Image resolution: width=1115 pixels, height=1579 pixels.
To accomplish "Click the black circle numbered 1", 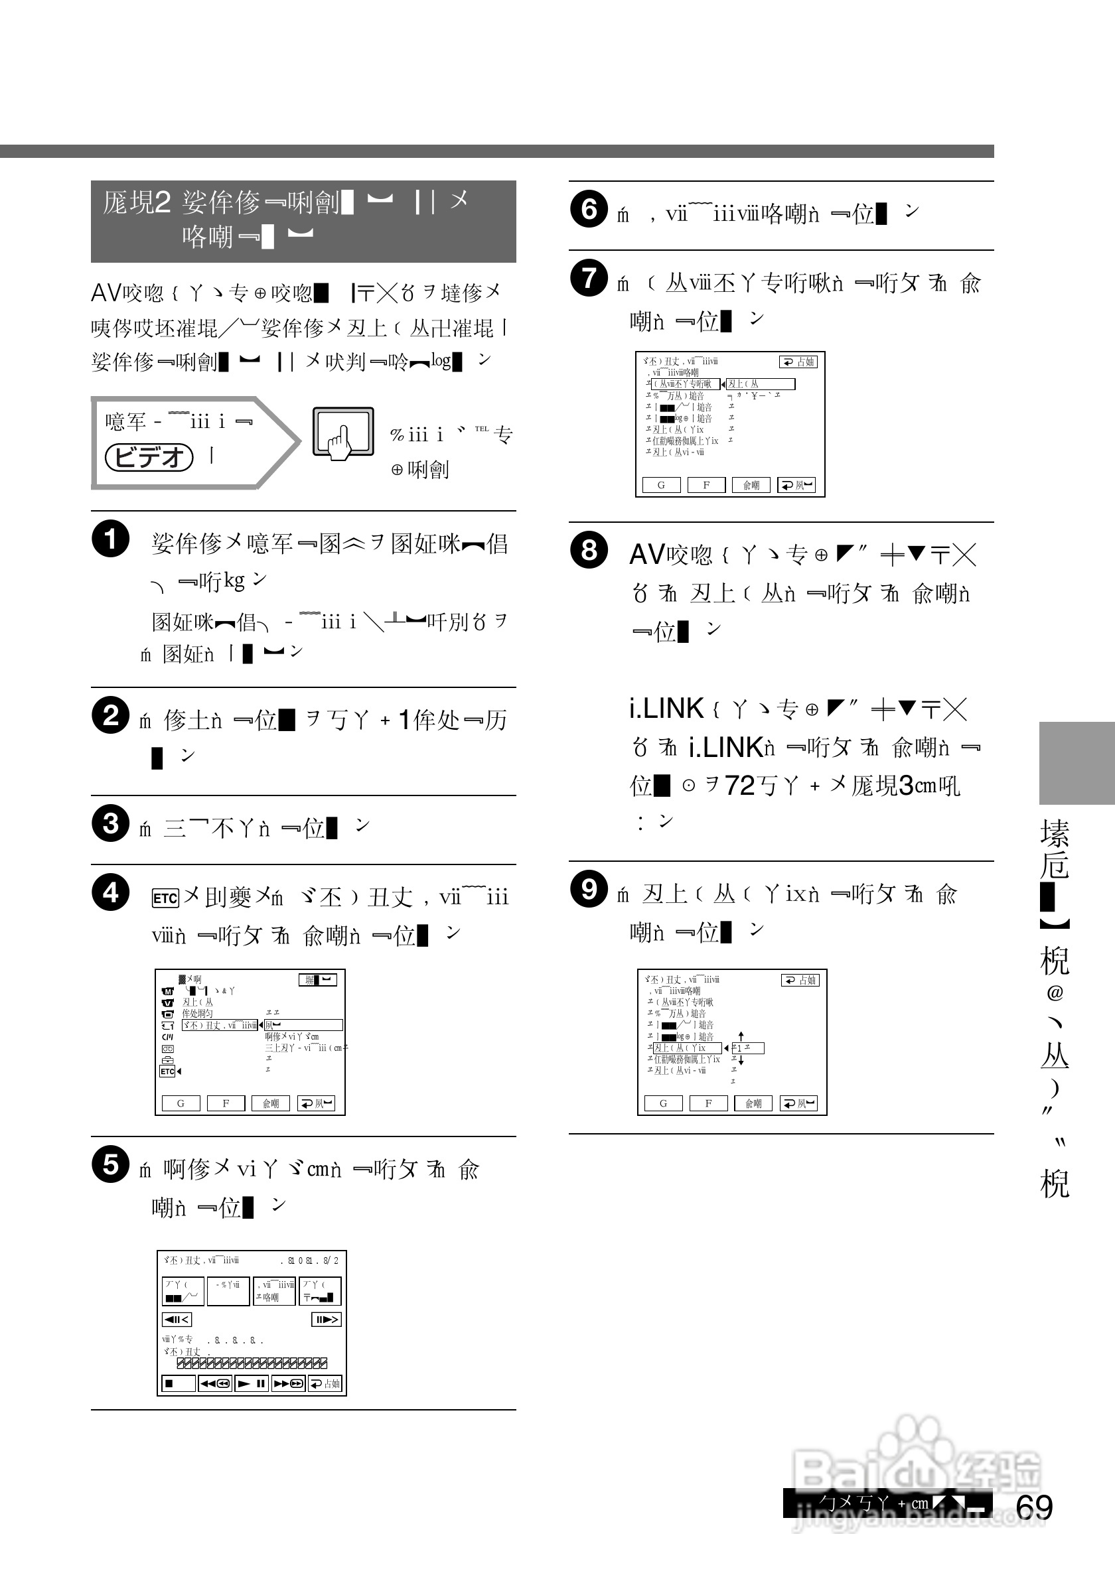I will coord(110,539).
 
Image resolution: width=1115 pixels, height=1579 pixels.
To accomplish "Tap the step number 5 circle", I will coord(110,1164).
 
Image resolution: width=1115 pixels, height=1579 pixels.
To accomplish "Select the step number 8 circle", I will coord(589,549).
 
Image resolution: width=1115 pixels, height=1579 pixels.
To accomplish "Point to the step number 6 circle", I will coord(589,208).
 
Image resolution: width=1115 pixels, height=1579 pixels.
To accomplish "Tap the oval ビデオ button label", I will coord(149,456).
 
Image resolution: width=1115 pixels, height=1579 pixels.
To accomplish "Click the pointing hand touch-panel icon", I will coord(342,433).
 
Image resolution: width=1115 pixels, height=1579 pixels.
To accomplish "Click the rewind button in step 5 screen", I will coord(215,1384).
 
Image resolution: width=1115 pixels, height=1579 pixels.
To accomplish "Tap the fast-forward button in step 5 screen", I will coord(288,1384).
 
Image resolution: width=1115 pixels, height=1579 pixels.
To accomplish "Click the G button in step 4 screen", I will coord(181,1103).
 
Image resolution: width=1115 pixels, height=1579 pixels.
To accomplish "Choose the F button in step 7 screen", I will coord(706,485).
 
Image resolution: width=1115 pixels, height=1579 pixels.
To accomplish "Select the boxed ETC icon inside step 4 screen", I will coord(167,1071).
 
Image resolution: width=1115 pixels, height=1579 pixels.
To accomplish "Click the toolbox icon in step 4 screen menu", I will coord(167,1060).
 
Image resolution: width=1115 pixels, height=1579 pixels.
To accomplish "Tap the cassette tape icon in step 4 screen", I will coord(167,1049).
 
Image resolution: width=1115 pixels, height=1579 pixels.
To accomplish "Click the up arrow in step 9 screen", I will coord(741,1035).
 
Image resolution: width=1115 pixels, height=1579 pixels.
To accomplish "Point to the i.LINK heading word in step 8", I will coord(666,709).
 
